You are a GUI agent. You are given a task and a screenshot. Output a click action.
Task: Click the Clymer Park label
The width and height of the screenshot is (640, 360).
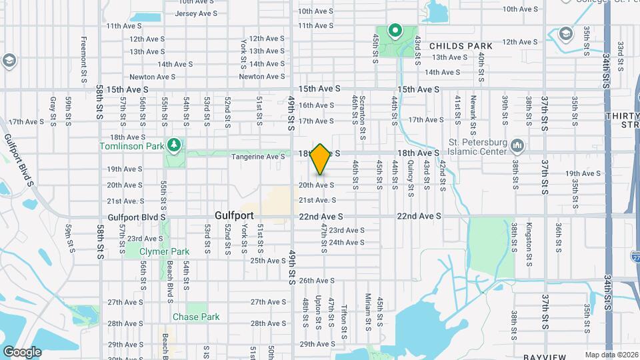[164, 251]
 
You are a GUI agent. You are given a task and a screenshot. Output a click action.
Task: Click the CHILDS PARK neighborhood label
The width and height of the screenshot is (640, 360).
[461, 46]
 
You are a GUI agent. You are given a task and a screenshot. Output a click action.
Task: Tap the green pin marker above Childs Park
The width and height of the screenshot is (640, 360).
[395, 30]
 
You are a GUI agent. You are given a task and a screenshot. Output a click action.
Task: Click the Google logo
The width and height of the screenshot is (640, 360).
[22, 351]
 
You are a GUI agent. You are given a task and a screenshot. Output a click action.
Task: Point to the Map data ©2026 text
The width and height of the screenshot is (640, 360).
[611, 355]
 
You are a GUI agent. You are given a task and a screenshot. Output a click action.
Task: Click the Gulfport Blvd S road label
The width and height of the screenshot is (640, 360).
[137, 217]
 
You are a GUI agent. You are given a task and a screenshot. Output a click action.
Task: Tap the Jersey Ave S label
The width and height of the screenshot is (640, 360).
[197, 13]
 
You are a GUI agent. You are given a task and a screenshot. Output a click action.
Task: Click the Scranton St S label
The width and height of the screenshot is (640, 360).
[364, 107]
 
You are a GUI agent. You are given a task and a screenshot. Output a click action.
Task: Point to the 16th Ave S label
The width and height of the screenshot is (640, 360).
[316, 105]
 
